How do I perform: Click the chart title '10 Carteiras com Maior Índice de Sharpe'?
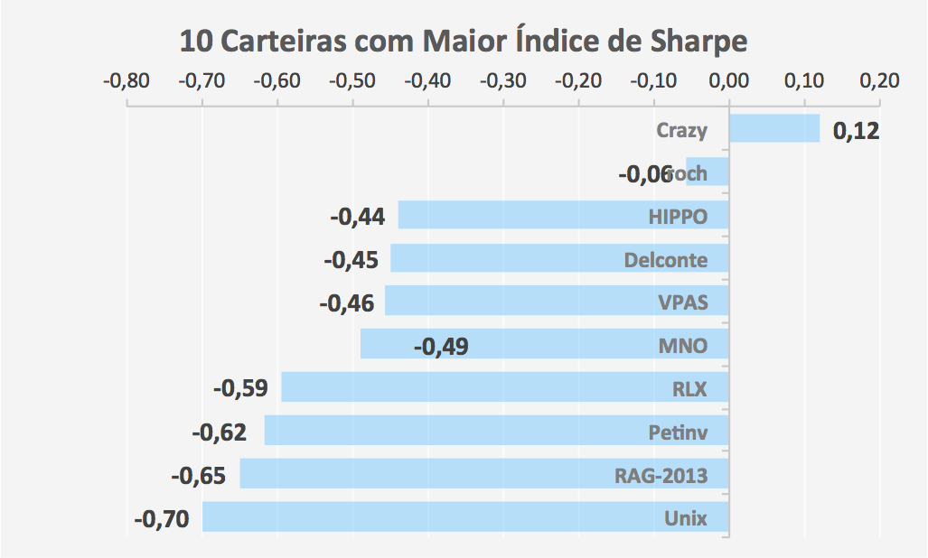pos(464,42)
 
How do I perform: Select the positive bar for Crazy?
pos(773,128)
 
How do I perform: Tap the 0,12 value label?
pos(855,131)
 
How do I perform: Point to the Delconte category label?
pos(665,261)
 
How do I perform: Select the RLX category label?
pos(689,390)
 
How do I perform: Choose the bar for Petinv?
pos(452,430)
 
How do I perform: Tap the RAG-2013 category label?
pos(656,475)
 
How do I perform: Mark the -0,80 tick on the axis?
pos(127,81)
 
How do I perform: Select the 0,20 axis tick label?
pos(879,81)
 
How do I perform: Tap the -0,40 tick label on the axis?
pos(427,81)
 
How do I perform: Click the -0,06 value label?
pos(645,173)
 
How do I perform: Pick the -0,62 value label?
pos(219,432)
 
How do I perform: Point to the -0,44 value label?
pos(358,217)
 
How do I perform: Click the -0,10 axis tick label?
pos(653,81)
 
